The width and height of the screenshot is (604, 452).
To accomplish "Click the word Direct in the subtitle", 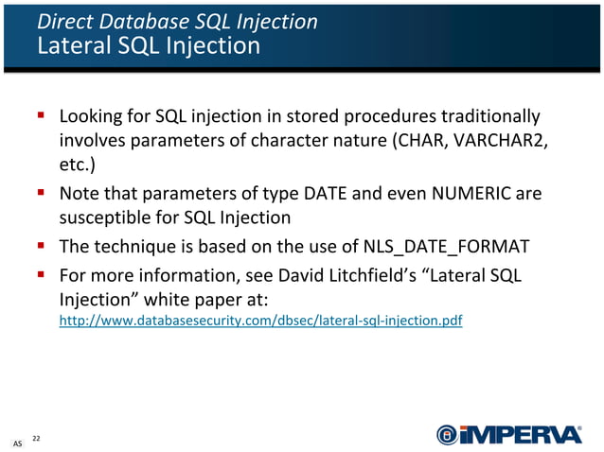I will tap(62, 22).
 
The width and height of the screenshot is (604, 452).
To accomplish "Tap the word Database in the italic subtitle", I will tap(134, 22).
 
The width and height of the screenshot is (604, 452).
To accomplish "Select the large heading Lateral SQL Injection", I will tap(148, 45).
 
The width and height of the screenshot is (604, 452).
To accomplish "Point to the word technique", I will tap(135, 250).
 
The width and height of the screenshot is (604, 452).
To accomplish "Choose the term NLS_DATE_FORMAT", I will tap(445, 250).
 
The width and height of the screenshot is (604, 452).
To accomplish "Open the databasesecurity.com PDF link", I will tap(260, 322).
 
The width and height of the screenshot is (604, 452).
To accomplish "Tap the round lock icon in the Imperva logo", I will tap(447, 434).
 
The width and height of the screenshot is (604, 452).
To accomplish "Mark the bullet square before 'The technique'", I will tap(42, 248).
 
